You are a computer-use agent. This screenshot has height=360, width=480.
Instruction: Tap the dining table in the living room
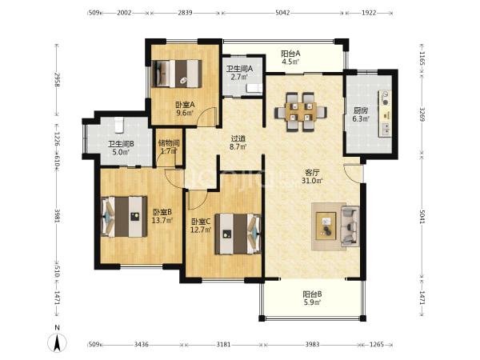301,112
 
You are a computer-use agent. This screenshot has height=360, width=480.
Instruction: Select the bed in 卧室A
177,74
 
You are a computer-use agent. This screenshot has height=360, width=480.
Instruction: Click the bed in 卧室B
124,216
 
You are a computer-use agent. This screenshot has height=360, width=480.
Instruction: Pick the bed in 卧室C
238,234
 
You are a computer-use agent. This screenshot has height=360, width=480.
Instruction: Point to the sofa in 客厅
350,226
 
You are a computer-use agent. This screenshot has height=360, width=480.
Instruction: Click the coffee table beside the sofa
326,226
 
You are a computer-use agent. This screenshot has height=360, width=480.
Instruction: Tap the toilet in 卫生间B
118,125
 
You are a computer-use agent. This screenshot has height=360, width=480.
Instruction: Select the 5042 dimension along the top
282,13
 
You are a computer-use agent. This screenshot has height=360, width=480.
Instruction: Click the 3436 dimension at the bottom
142,344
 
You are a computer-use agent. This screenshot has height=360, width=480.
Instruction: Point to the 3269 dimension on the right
422,114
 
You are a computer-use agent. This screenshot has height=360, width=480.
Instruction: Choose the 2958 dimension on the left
57,79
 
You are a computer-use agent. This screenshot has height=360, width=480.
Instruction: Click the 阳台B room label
312,294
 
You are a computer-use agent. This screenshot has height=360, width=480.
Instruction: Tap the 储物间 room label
169,143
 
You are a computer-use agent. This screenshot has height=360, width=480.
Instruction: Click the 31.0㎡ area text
312,181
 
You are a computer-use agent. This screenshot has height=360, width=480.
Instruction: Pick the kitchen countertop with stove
386,114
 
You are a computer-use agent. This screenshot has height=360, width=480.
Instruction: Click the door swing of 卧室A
206,117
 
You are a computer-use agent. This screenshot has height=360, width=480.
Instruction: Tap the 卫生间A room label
239,69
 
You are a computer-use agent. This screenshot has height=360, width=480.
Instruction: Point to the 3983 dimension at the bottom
312,344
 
